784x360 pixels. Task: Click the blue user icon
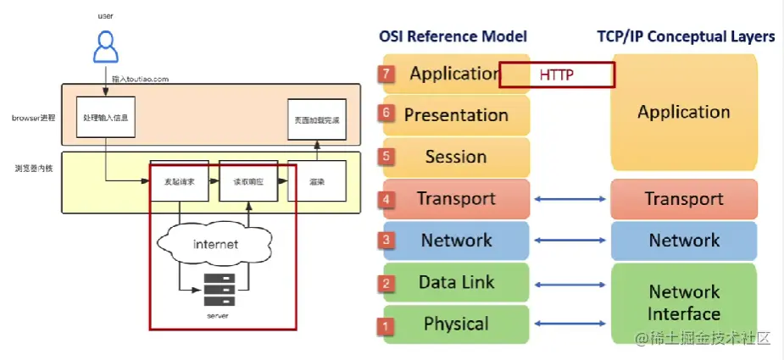coord(105,47)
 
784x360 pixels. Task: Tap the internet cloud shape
coord(215,245)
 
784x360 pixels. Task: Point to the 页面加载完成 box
coord(317,119)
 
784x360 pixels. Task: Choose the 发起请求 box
coord(179,181)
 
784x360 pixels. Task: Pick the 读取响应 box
coord(247,181)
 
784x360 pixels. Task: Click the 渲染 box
coord(317,181)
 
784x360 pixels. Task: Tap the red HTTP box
coord(556,75)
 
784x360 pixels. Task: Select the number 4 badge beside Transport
coord(386,200)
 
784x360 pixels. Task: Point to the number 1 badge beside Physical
coord(386,325)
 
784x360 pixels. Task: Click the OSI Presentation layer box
coord(456,115)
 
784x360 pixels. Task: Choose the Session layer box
coord(456,158)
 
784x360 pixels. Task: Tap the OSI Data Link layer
coord(456,283)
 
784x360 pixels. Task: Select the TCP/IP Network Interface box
coord(683,303)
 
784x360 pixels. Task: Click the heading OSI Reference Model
coord(453,36)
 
